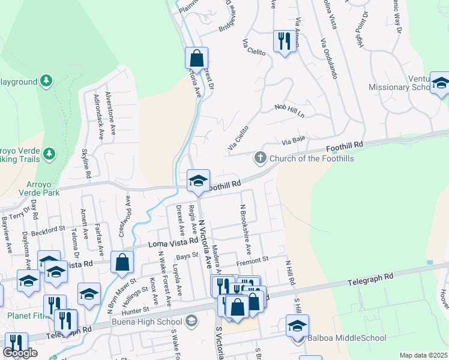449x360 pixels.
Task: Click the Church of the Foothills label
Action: [x=312, y=158]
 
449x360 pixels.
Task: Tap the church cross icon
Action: [x=260, y=158]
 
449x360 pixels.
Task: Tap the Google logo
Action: [x=20, y=353]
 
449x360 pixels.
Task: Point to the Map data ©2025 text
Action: [x=424, y=355]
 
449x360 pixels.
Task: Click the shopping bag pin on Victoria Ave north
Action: [x=196, y=59]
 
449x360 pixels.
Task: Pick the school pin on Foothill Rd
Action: [x=198, y=180]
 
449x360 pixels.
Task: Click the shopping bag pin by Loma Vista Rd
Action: [x=122, y=262]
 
